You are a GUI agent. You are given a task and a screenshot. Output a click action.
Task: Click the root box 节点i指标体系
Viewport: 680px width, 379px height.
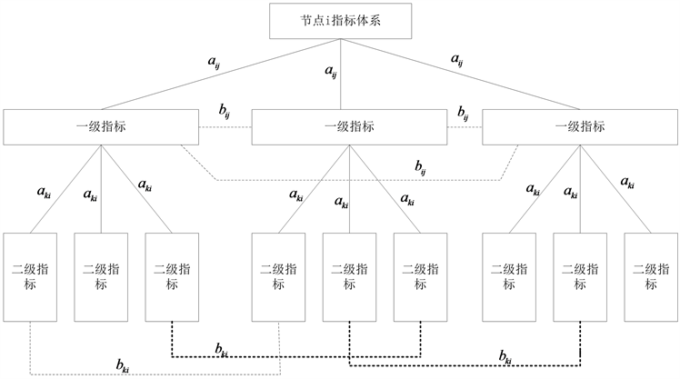(341, 21)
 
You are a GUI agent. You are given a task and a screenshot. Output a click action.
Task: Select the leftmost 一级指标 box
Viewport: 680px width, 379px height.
(100, 127)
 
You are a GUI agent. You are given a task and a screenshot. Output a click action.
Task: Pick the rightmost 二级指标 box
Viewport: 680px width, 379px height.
(651, 276)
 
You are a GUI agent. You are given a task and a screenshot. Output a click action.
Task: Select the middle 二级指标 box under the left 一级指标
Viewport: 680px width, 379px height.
(100, 276)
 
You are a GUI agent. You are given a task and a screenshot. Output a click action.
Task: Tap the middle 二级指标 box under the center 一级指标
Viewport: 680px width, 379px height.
(349, 276)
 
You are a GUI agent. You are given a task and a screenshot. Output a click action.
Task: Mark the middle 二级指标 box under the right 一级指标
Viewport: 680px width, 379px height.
(579, 276)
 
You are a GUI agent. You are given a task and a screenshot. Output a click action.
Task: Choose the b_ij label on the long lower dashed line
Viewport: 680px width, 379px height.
(420, 165)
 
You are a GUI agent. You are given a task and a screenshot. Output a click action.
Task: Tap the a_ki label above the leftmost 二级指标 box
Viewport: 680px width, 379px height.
(44, 192)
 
